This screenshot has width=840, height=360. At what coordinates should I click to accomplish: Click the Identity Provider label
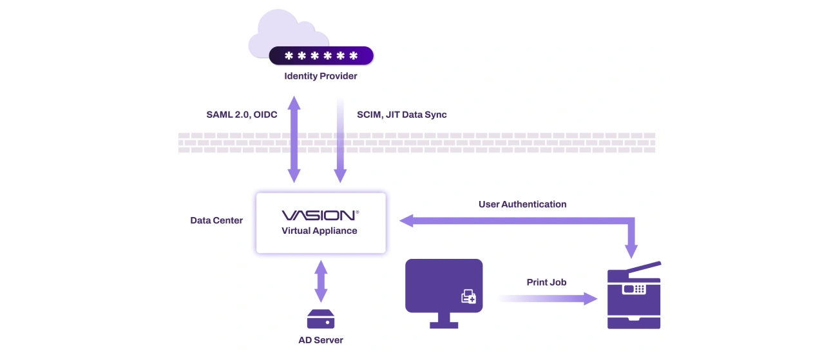click(320, 76)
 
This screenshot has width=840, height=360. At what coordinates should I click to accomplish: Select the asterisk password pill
click(321, 56)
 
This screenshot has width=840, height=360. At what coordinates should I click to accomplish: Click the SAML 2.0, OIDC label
click(242, 115)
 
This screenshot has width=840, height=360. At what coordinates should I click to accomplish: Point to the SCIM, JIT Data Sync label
click(401, 115)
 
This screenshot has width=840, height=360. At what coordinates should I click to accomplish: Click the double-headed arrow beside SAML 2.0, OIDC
click(294, 138)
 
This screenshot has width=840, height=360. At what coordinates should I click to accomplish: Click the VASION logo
click(320, 215)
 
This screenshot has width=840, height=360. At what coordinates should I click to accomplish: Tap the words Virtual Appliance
click(320, 231)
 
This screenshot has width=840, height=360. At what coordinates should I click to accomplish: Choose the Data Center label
click(216, 220)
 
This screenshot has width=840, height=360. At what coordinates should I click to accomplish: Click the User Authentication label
click(522, 204)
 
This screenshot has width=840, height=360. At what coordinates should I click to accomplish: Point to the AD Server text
click(320, 340)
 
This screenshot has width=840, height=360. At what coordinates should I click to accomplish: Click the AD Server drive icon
click(320, 319)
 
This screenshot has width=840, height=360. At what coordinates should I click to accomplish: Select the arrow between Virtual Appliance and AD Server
click(320, 281)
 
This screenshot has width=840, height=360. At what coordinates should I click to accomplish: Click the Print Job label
click(546, 282)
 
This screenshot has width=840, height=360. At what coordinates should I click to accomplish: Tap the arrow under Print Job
click(548, 298)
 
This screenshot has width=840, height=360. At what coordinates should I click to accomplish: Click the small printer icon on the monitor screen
click(468, 297)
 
